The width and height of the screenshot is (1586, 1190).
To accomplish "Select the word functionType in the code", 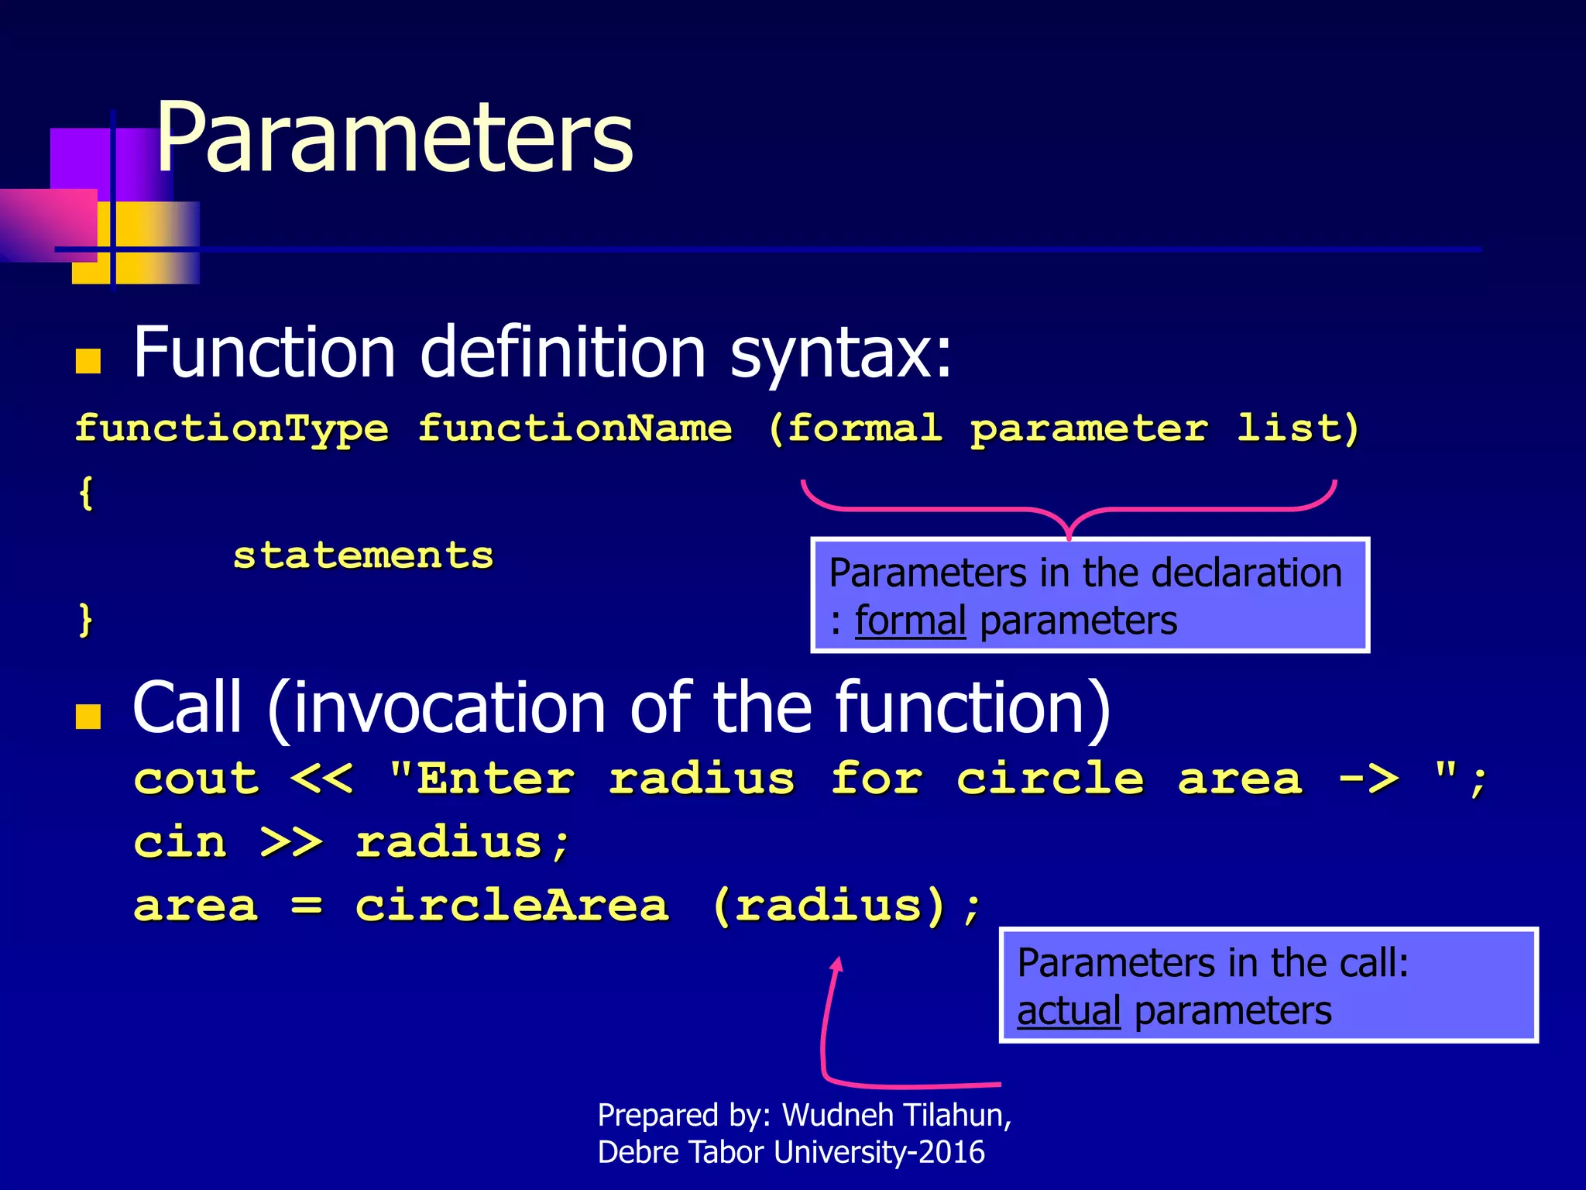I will (232, 429).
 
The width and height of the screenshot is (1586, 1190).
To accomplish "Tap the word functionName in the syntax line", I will (575, 429).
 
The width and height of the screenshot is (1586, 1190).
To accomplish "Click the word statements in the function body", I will (363, 555).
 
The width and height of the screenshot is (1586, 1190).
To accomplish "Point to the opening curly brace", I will (86, 493).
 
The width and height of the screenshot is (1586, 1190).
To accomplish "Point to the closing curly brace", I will (86, 620).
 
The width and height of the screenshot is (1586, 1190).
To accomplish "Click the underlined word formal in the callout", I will (910, 621).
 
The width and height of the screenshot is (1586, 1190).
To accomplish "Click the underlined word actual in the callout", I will (1069, 1012).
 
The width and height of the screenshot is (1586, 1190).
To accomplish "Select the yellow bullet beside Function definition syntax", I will (88, 361).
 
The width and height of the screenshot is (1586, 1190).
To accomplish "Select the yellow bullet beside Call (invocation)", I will (88, 717).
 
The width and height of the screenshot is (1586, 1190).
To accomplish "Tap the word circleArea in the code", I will (512, 906).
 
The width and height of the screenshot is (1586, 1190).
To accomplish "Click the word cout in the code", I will (196, 779).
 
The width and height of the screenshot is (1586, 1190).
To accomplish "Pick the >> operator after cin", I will (291, 843).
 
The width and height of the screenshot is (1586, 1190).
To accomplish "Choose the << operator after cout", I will (322, 779).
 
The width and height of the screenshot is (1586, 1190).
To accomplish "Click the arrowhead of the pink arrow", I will (837, 963).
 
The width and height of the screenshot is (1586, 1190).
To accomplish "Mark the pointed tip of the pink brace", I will (1069, 536).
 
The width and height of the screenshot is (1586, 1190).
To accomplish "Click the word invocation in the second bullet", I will (449, 708).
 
